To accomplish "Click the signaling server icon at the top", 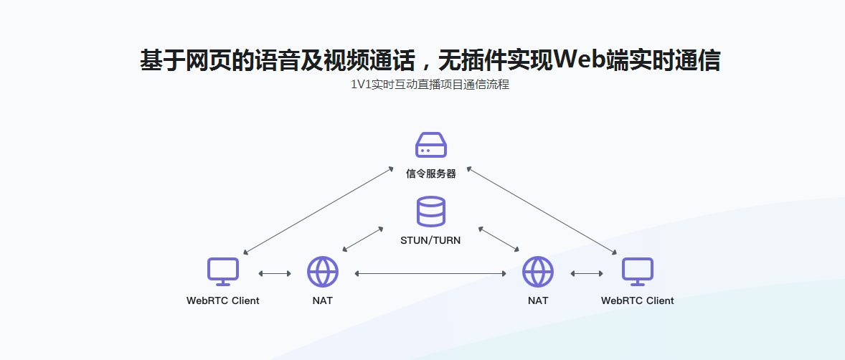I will (430, 145).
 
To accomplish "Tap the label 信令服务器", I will (430, 174).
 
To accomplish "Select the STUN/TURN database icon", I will (430, 212).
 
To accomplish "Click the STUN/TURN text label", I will (430, 240).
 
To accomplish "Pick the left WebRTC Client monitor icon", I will (222, 272).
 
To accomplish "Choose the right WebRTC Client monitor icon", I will (637, 272).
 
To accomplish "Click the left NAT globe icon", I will (323, 272).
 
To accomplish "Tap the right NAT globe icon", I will (538, 272).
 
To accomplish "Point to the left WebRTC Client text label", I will (222, 300).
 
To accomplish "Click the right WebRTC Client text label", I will (637, 300).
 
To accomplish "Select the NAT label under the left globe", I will (323, 300).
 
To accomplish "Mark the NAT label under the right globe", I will (538, 300).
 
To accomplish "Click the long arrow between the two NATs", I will (430, 273).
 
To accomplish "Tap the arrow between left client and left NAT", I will (275, 273).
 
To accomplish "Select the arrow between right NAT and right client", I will (586, 273).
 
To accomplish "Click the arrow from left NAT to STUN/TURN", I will (363, 240).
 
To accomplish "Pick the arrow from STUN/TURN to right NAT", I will (499, 240).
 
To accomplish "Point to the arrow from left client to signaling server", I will (318, 211).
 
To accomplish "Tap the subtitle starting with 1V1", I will (430, 85).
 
